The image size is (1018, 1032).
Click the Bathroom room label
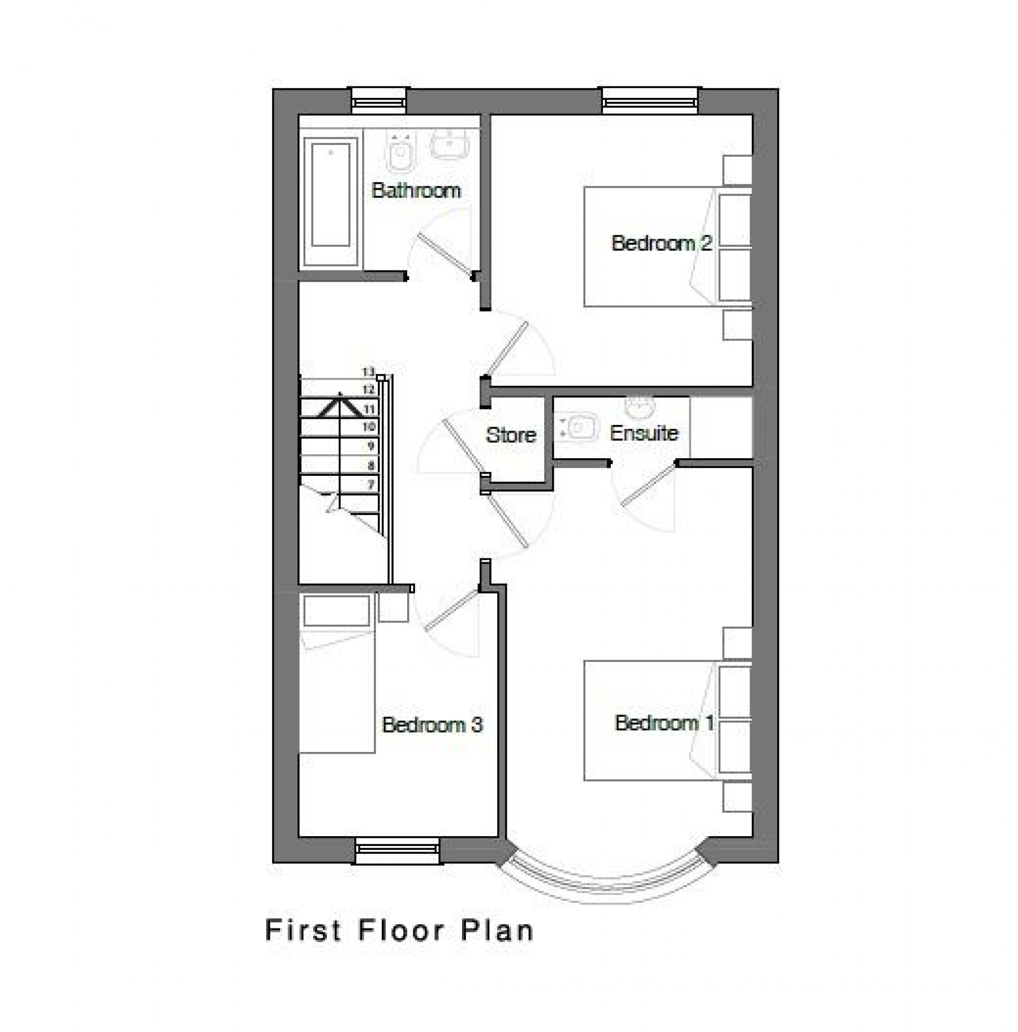tap(416, 190)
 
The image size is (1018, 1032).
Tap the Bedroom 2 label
tap(662, 243)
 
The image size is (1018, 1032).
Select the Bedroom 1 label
tap(665, 723)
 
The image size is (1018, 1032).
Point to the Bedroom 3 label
tap(433, 725)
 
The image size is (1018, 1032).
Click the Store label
tap(511, 435)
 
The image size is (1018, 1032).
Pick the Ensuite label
tap(644, 433)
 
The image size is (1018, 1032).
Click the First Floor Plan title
tap(399, 931)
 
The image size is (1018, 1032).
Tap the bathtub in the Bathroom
tap(331, 201)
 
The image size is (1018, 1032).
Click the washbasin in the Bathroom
tap(450, 144)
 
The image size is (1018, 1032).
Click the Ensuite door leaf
tap(649, 484)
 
